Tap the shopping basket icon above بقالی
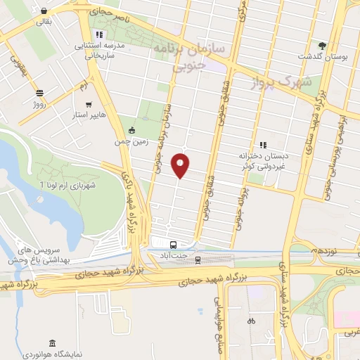(x=45, y=11)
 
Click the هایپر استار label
(x=89, y=113)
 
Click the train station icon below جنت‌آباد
(x=198, y=260)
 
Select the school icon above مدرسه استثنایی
(x=99, y=33)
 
